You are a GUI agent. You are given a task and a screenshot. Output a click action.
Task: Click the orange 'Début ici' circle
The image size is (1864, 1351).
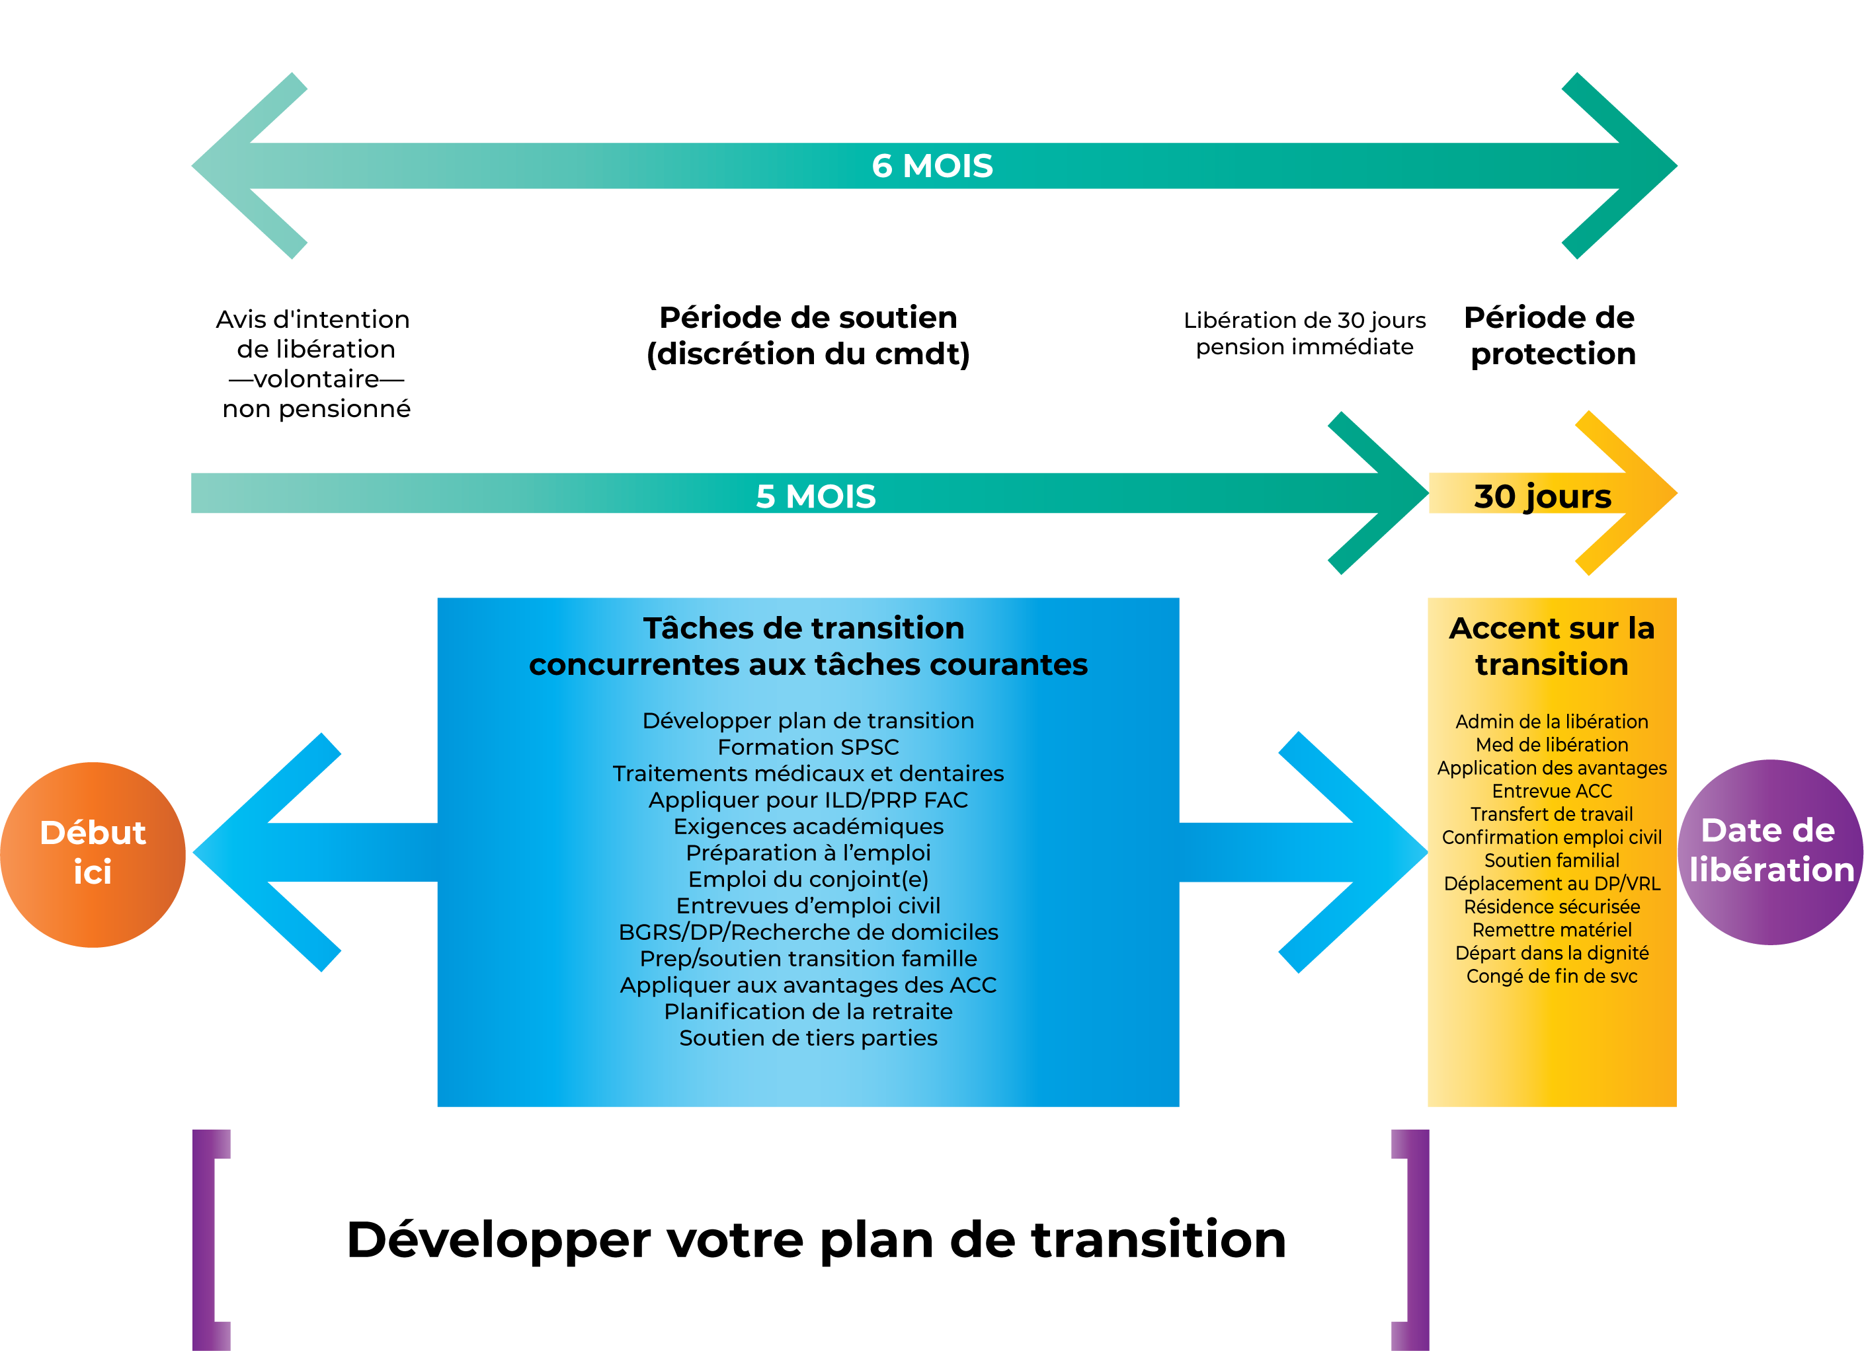click(93, 854)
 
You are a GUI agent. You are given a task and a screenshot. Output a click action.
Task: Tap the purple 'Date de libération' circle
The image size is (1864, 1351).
click(1769, 851)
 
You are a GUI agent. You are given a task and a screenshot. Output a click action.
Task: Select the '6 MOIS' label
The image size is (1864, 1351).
click(932, 166)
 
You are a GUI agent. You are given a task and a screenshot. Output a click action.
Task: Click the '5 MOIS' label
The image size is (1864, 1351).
click(815, 496)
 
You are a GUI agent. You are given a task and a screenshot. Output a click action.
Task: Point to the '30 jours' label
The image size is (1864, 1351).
click(1542, 496)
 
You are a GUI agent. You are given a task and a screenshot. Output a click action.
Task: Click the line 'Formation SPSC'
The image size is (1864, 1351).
click(808, 747)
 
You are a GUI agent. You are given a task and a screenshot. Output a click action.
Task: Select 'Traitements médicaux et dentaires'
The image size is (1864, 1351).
click(808, 773)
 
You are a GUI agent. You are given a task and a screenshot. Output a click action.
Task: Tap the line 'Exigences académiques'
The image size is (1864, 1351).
click(808, 826)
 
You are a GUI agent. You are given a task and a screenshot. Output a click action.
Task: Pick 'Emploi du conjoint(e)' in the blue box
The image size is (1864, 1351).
click(808, 879)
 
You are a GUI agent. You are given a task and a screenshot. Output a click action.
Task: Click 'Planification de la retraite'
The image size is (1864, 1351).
click(808, 1012)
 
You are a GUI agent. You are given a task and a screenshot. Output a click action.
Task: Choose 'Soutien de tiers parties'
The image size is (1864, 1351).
click(808, 1038)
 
